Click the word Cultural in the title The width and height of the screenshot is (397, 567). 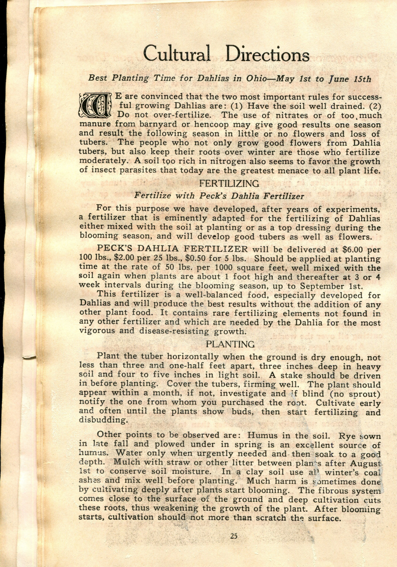(x=177, y=54)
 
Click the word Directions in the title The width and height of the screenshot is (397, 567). (x=268, y=54)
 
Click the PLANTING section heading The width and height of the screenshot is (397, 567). (x=230, y=344)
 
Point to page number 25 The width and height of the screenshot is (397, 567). (x=233, y=536)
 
